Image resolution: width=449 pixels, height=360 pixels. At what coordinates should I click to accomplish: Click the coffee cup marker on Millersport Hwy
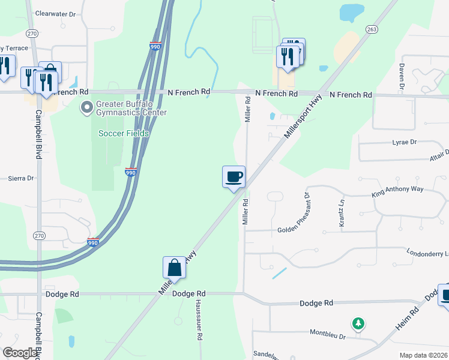click(x=234, y=176)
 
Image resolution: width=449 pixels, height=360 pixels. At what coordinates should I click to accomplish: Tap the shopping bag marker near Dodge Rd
click(x=174, y=267)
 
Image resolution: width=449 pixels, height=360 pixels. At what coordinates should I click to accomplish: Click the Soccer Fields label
click(x=124, y=133)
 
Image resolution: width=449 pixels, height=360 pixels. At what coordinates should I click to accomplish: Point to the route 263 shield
click(x=371, y=28)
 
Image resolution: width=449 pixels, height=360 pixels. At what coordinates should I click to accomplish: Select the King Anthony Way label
click(x=397, y=189)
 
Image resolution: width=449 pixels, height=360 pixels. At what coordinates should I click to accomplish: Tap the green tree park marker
click(x=358, y=324)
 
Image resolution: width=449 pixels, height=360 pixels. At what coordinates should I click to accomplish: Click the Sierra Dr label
click(x=21, y=178)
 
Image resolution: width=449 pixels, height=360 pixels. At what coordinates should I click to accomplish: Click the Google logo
click(x=20, y=353)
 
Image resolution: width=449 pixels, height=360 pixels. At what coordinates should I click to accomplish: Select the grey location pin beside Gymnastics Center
click(x=87, y=108)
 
